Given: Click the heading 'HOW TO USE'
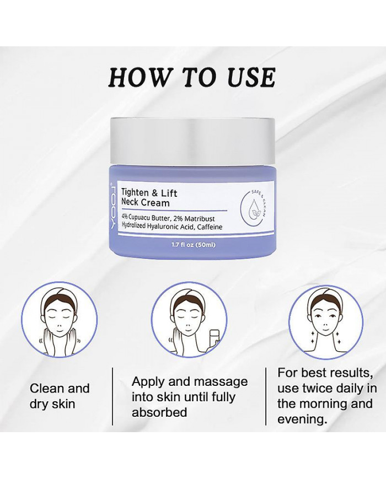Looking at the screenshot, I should [191, 78].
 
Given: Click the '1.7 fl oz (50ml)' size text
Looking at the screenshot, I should [192, 243].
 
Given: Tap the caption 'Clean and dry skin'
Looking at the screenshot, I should [59, 396].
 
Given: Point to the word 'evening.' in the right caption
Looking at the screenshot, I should [301, 419].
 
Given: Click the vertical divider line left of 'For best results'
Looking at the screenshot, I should [266, 396].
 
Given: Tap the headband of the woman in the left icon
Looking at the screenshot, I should [59, 299].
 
